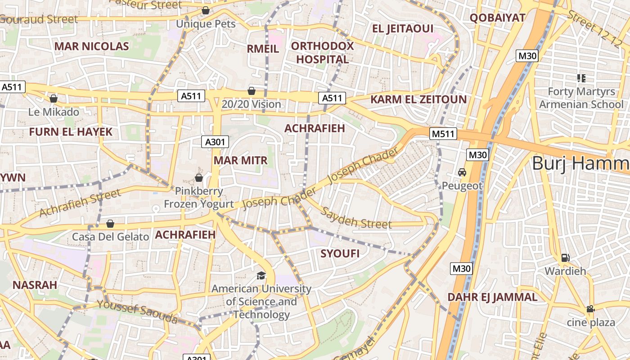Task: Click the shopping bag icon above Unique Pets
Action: [x=206, y=10]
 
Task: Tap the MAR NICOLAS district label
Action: [x=91, y=46]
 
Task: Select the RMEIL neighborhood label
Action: [x=263, y=49]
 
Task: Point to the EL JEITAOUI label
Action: [x=403, y=29]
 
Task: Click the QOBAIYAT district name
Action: [x=497, y=18]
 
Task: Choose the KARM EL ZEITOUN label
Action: [x=418, y=99]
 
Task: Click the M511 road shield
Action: [x=443, y=134]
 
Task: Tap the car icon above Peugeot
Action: [x=462, y=172]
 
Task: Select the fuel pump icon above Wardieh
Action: [x=565, y=258]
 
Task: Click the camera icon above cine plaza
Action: [x=590, y=309]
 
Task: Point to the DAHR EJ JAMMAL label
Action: [x=492, y=297]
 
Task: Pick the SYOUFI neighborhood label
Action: [x=340, y=254]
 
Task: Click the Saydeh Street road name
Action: [x=355, y=218]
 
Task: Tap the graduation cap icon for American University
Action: [x=261, y=275]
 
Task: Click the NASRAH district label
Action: [x=35, y=285]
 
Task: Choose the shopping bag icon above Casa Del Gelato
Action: [x=110, y=224]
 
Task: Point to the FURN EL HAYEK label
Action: [x=71, y=132]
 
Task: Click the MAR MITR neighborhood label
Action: [x=240, y=161]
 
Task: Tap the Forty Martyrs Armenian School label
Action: [x=581, y=98]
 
